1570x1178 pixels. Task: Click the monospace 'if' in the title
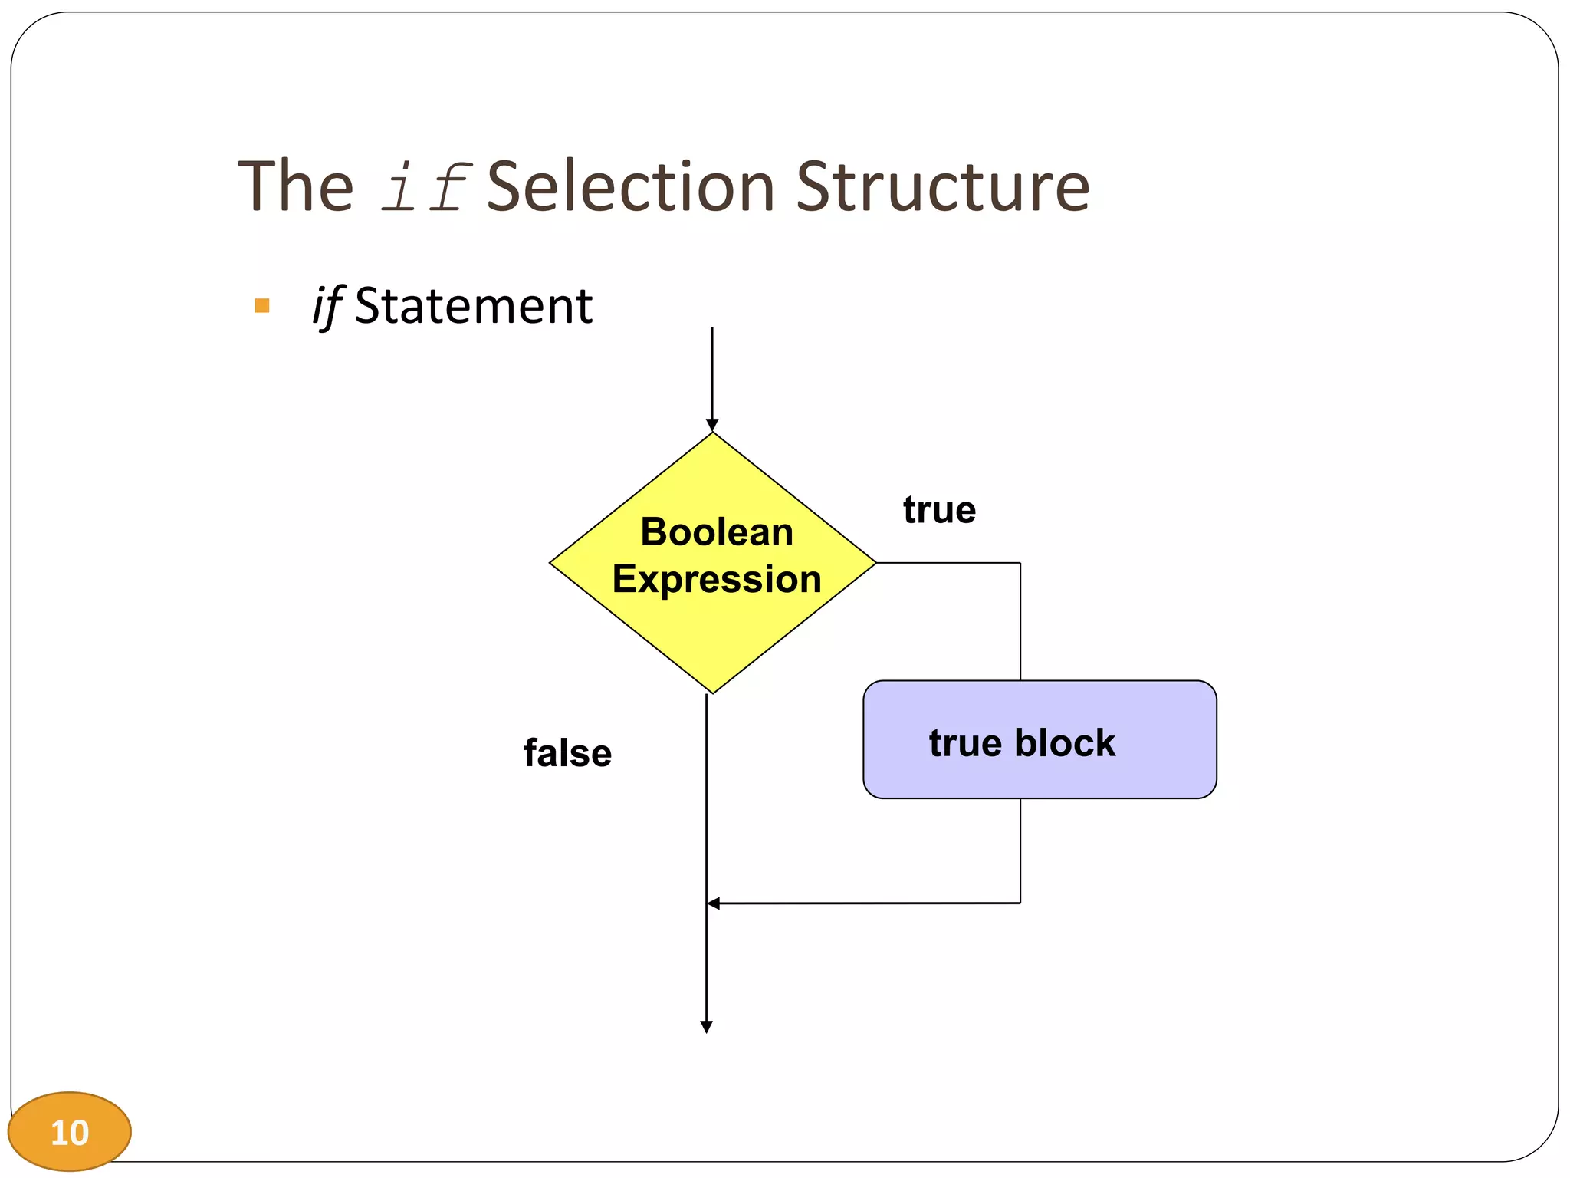(x=425, y=188)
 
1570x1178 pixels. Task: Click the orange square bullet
(x=262, y=306)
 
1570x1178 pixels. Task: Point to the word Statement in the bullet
(x=473, y=306)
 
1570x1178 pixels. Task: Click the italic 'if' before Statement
(x=327, y=306)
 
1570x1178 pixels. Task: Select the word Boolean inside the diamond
(x=717, y=531)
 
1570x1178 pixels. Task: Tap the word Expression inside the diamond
(x=717, y=578)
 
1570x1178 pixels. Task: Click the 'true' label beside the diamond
(x=939, y=510)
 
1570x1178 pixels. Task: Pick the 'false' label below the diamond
(x=567, y=753)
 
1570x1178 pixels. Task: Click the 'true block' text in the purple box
(x=1022, y=742)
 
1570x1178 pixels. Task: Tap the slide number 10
(x=70, y=1132)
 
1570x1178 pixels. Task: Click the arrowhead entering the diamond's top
(x=712, y=426)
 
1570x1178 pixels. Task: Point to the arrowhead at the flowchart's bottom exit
(x=707, y=1027)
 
